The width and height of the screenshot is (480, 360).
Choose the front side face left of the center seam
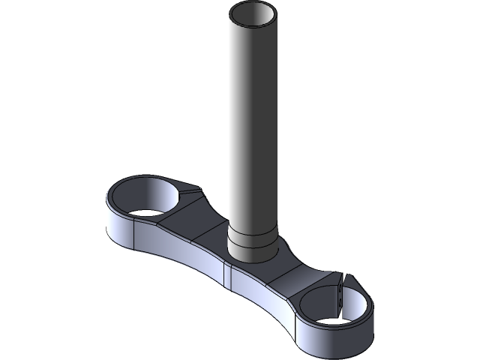tap(187, 259)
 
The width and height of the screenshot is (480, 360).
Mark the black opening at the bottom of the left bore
tap(142, 212)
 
